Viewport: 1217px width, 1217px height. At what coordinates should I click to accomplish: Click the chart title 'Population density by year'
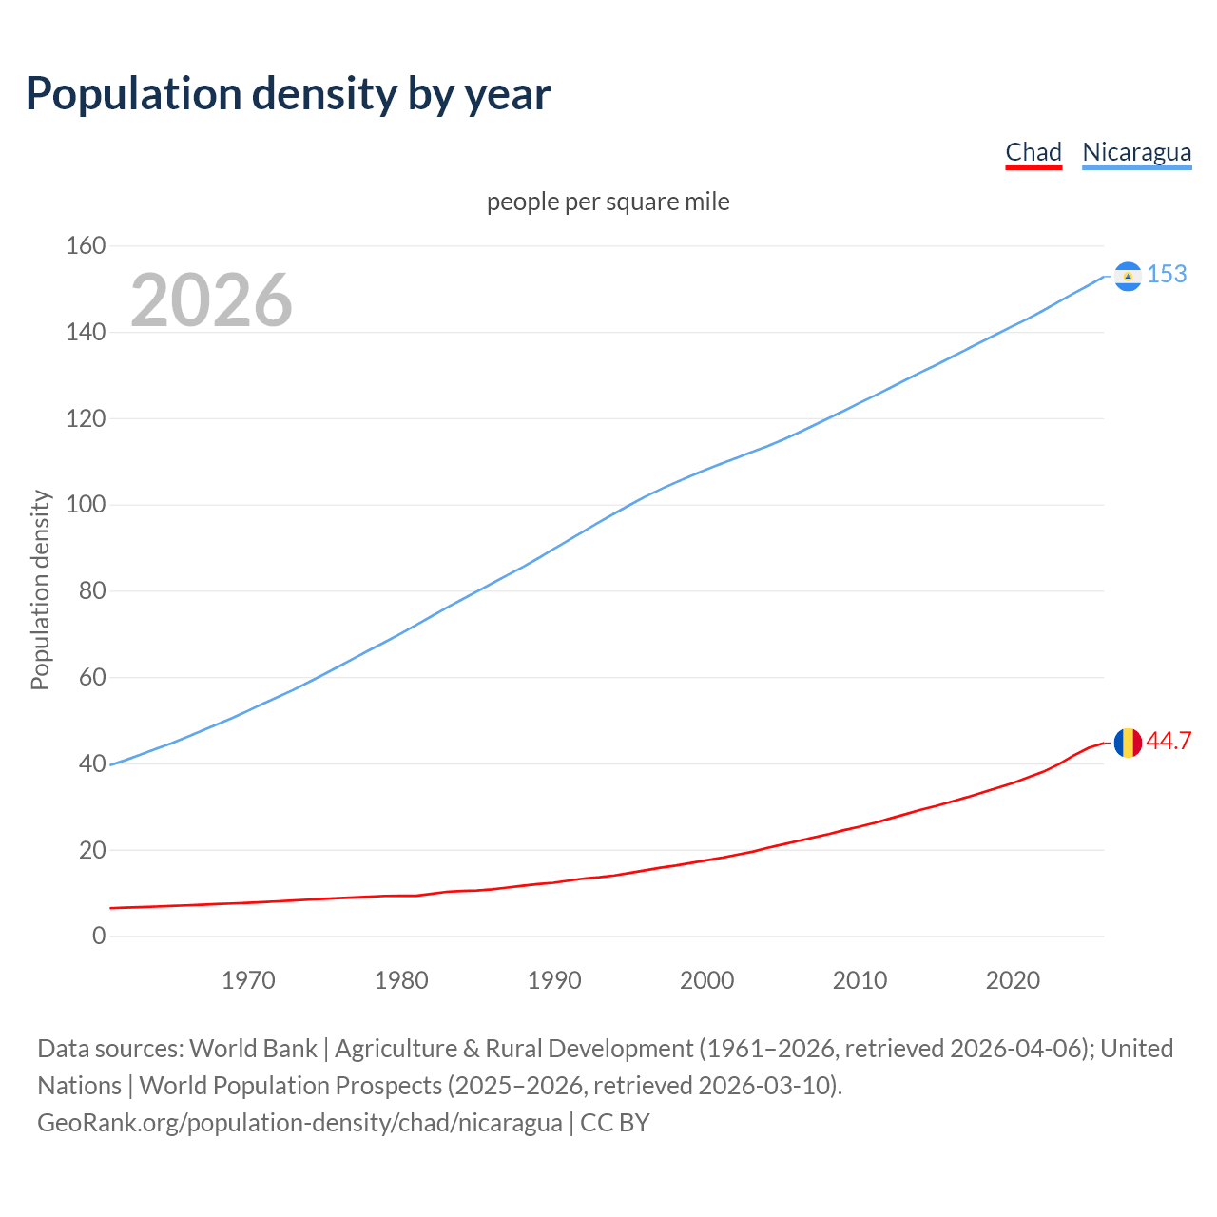click(x=288, y=94)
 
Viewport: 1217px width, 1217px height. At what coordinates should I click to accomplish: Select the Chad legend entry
click(x=1033, y=152)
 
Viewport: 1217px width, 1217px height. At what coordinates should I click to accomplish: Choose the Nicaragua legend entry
click(x=1136, y=152)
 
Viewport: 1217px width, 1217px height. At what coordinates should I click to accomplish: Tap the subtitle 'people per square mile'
click(x=608, y=202)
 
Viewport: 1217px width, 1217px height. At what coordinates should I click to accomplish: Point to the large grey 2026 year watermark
click(x=211, y=300)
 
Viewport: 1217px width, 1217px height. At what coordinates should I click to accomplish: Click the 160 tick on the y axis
click(x=86, y=246)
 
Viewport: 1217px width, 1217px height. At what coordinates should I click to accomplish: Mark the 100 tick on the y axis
click(x=86, y=505)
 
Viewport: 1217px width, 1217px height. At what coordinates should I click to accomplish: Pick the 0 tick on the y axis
click(x=99, y=936)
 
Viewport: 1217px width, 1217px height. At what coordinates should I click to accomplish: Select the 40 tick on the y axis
click(x=92, y=763)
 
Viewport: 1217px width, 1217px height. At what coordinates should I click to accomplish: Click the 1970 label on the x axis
click(x=248, y=980)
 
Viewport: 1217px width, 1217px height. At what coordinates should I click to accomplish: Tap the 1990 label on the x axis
click(x=554, y=980)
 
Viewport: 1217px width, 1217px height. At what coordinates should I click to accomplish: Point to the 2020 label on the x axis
click(x=1013, y=980)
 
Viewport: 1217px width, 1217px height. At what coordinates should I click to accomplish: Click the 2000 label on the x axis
click(x=706, y=980)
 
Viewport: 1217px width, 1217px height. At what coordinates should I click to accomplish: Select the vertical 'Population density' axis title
click(x=40, y=589)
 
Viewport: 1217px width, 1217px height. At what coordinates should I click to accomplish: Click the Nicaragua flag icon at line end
click(x=1128, y=276)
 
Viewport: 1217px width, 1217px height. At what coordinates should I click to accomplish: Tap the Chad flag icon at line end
click(x=1128, y=743)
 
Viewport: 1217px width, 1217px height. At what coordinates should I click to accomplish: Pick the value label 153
click(x=1167, y=275)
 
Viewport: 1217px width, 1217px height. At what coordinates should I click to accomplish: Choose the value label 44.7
click(x=1169, y=742)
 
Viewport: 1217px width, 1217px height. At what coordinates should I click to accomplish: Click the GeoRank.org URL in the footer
click(x=299, y=1123)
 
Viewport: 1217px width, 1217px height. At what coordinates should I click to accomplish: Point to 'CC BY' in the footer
click(x=615, y=1123)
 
